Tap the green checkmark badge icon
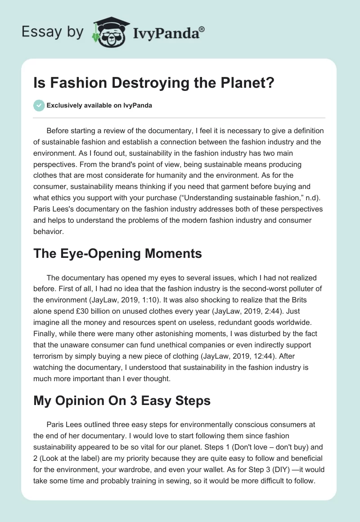pyautogui.click(x=39, y=106)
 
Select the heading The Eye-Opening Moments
pyautogui.click(x=117, y=253)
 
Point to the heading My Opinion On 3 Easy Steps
pyautogui.click(x=122, y=400)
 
